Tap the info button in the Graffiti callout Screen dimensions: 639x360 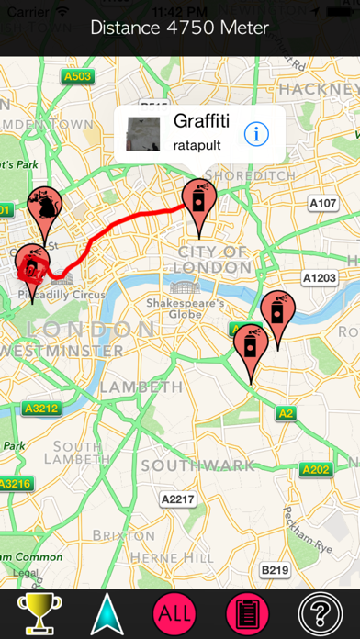tap(256, 133)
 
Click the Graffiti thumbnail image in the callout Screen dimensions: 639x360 tap(142, 133)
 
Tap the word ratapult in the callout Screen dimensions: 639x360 tap(197, 145)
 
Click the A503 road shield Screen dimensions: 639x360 tap(77, 77)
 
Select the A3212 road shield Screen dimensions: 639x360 tap(41, 408)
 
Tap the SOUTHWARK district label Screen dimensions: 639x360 tap(197, 465)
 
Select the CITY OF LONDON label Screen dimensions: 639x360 tap(212, 259)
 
